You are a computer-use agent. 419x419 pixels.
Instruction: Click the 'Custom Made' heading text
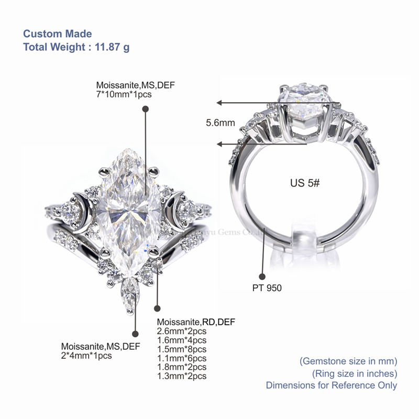pos(57,34)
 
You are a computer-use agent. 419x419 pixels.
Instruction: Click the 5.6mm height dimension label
pos(220,124)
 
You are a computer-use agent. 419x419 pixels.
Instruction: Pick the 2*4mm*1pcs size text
pos(86,356)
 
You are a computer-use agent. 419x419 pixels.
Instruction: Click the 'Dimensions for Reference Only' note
pos(331,385)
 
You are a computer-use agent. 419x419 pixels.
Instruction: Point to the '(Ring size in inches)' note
pos(355,373)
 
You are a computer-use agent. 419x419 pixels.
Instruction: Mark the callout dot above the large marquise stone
pos(146,108)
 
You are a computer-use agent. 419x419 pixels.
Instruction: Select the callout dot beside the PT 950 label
pos(262,276)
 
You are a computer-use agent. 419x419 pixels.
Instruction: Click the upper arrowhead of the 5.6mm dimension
pos(220,103)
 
